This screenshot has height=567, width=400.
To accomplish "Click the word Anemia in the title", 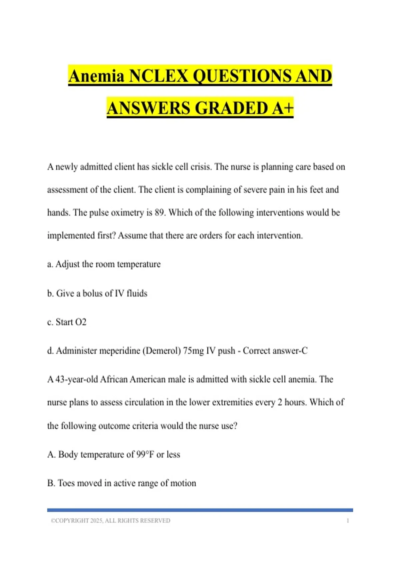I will pyautogui.click(x=96, y=76).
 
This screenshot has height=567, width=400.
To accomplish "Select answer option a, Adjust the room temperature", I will pyautogui.click(x=104, y=264).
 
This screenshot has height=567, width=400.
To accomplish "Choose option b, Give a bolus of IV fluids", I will pyautogui.click(x=97, y=293).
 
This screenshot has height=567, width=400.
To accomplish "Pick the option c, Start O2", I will pyautogui.click(x=67, y=322).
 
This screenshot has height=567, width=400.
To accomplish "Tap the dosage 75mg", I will pyautogui.click(x=193, y=351).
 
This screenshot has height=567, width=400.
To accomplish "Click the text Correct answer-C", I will pyautogui.click(x=275, y=351).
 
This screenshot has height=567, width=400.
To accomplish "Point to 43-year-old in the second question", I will pyautogui.click(x=76, y=380).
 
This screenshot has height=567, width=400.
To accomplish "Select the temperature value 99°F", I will pyautogui.click(x=145, y=454).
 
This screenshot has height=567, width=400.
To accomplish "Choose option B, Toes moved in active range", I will pyautogui.click(x=122, y=483).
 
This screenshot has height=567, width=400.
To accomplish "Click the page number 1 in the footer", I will pyautogui.click(x=348, y=521).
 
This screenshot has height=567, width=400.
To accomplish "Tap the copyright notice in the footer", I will pyautogui.click(x=110, y=521).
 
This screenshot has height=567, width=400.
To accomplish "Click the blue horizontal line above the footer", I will pyautogui.click(x=200, y=510).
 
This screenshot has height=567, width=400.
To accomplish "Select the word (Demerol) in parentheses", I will pyautogui.click(x=161, y=351).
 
